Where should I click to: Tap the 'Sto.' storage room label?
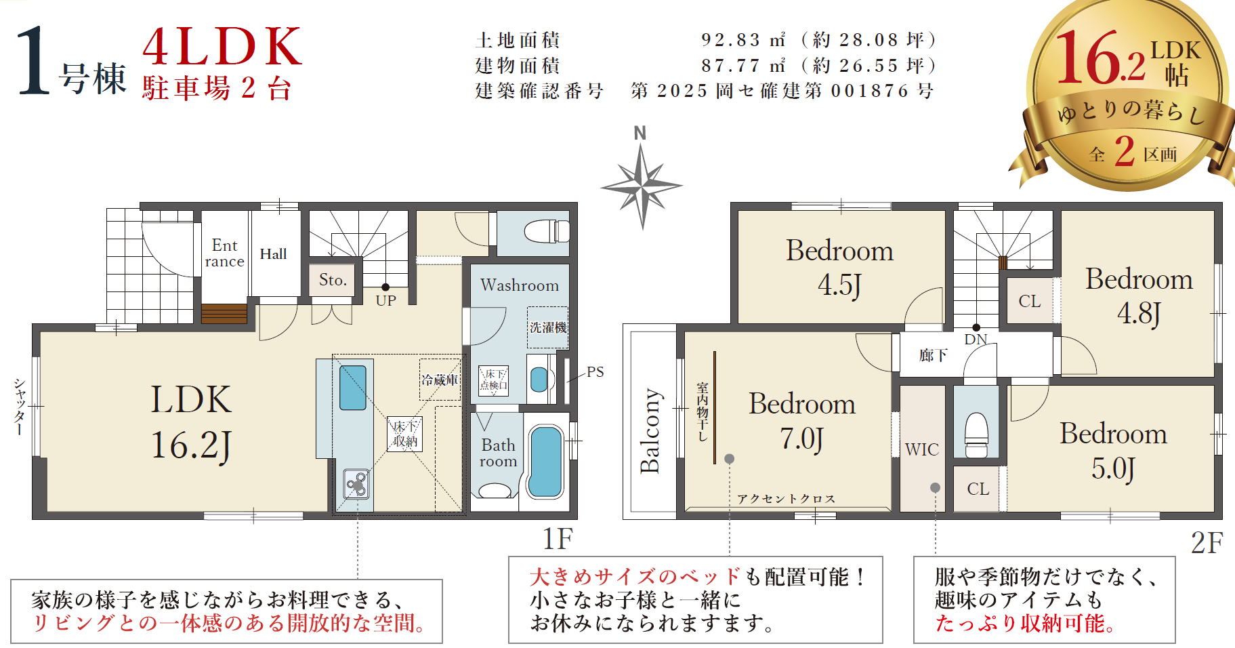point(333,280)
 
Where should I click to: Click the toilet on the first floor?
point(547,231)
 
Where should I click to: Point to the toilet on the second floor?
point(976,435)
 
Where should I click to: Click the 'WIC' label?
point(922,449)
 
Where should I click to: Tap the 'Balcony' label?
point(650,430)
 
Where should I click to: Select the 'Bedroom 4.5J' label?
point(839,268)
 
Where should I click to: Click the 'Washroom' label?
point(520,285)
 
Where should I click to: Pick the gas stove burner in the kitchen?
point(356,484)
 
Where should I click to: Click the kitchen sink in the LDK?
point(352,388)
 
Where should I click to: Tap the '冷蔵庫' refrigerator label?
point(440,380)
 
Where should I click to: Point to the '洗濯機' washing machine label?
point(548,327)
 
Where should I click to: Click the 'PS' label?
point(595,371)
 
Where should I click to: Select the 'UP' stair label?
point(385,300)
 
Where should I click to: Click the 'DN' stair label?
point(976,339)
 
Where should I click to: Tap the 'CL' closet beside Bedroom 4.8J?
point(1030,301)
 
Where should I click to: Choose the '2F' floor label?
point(1207,543)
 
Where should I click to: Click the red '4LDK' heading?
point(222,47)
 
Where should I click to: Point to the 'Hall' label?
point(273,254)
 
